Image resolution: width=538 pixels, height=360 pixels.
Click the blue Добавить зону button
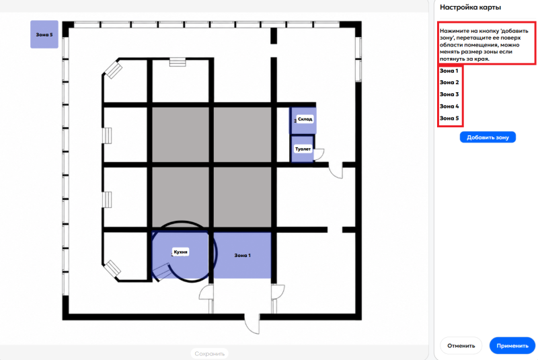pyautogui.click(x=488, y=137)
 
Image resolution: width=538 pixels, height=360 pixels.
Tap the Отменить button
pyautogui.click(x=461, y=346)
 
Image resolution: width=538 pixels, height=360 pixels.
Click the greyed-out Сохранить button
pyautogui.click(x=209, y=353)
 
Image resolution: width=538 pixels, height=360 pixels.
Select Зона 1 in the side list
pyautogui.click(x=449, y=71)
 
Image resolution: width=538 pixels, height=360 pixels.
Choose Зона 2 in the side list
pyautogui.click(x=449, y=82)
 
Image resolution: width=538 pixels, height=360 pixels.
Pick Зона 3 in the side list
pyautogui.click(x=449, y=94)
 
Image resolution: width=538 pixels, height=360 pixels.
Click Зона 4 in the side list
pyautogui.click(x=449, y=106)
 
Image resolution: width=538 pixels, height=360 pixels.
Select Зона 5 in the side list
pyautogui.click(x=449, y=118)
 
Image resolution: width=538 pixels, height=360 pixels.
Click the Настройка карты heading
pyautogui.click(x=470, y=7)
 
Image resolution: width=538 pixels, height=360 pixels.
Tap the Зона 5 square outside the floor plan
pyautogui.click(x=44, y=34)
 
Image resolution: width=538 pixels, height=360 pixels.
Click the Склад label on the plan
pyautogui.click(x=305, y=119)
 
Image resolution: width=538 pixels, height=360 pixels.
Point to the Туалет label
pyautogui.click(x=303, y=149)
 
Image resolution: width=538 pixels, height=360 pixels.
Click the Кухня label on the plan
pyautogui.click(x=180, y=252)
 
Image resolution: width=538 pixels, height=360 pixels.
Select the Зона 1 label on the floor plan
pyautogui.click(x=243, y=255)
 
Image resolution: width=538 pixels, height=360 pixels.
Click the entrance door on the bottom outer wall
pyautogui.click(x=252, y=323)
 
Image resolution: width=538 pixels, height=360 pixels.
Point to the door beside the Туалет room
pyautogui.click(x=319, y=154)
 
